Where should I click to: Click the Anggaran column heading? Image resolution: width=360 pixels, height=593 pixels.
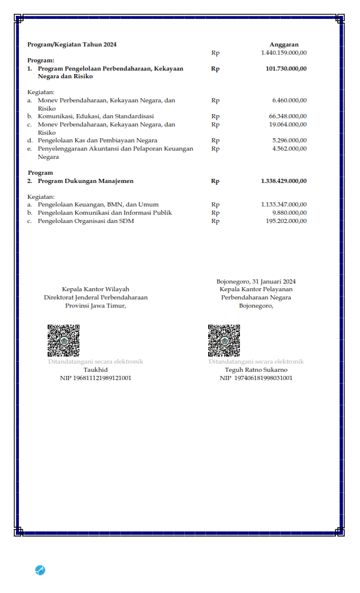coord(284,45)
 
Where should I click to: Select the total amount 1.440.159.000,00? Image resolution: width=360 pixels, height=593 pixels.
coord(284,53)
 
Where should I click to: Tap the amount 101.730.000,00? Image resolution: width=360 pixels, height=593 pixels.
coord(286,69)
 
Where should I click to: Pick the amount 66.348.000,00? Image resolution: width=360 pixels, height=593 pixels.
coord(288,116)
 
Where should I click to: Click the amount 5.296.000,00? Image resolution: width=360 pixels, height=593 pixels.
coord(289,141)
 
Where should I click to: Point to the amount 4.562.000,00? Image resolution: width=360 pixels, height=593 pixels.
coord(289,149)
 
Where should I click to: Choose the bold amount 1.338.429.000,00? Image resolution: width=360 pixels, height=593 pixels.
coord(284,181)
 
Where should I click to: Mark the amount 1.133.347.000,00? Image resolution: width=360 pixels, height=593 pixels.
coord(284,205)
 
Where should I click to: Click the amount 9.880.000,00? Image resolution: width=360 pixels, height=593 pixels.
coord(289,212)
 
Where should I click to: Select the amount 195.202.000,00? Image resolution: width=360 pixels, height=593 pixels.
coord(286,221)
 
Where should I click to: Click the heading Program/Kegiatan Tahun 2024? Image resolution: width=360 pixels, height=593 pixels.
coord(68,45)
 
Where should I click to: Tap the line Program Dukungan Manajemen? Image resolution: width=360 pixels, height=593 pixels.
coord(85,181)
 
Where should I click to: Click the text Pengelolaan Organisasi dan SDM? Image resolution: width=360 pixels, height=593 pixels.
coord(86,221)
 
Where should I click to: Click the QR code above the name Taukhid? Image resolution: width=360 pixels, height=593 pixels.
coord(64,340)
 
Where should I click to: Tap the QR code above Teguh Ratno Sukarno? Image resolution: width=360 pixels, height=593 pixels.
coord(224,340)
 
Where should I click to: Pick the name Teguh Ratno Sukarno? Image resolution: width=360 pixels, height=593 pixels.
coord(256,370)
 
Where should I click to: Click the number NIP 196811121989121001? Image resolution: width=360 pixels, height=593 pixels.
coord(95,378)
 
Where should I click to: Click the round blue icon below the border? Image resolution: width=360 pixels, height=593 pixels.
coord(40,569)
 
